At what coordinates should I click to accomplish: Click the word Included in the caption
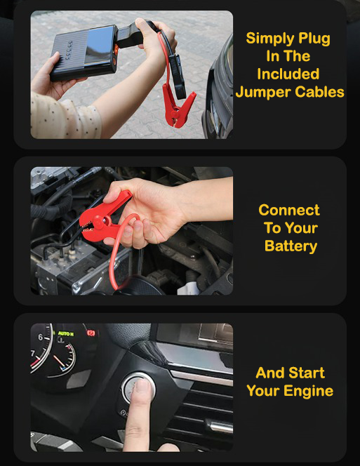tap(288, 74)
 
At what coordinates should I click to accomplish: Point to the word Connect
tap(289, 210)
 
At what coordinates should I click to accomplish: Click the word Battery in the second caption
tap(291, 246)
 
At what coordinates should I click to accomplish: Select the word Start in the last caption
tap(307, 373)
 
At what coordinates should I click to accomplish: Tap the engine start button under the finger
tap(138, 388)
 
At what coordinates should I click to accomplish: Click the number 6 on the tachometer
tap(41, 337)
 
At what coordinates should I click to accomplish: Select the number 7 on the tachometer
tap(33, 354)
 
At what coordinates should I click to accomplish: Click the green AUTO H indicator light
tap(66, 334)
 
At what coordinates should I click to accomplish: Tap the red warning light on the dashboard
tap(91, 333)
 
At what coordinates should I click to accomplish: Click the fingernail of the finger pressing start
tap(143, 386)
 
